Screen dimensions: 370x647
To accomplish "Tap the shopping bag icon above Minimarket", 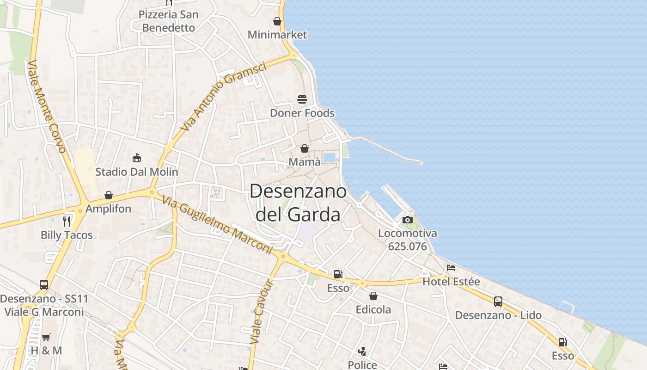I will tap(277, 21).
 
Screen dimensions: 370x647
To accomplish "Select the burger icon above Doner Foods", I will tap(302, 99).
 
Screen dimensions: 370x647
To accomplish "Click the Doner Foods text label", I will tap(302, 113).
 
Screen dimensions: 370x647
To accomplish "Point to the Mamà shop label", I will tap(305, 162).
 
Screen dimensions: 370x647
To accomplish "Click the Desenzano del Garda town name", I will tap(298, 203).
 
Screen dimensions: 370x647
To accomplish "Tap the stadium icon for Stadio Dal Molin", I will tap(136, 158).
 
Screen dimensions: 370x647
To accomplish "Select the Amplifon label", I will tap(109, 209).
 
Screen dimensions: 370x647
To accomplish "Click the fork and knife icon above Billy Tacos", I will tap(67, 221).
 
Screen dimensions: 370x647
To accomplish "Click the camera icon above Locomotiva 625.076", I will tap(408, 220).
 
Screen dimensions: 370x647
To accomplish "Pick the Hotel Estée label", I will tap(451, 281).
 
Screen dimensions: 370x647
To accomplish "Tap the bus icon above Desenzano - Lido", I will tap(498, 302).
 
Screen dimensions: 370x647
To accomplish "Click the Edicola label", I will tap(373, 309).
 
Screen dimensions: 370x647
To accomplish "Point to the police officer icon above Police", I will tap(363, 351).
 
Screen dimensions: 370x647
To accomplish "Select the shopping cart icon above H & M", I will tap(46, 337).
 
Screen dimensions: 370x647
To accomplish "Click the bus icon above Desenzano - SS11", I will tap(44, 285).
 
